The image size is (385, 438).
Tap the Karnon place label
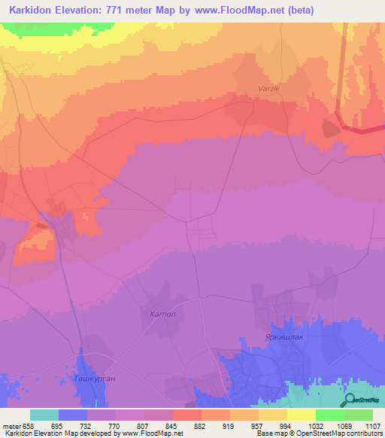click(162, 314)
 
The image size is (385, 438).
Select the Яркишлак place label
click(282, 338)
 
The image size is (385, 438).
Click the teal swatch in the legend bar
click(44, 415)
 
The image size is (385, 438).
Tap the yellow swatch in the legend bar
click(301, 415)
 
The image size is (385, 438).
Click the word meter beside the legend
click(12, 425)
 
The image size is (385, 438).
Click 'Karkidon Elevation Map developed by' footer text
click(57, 433)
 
